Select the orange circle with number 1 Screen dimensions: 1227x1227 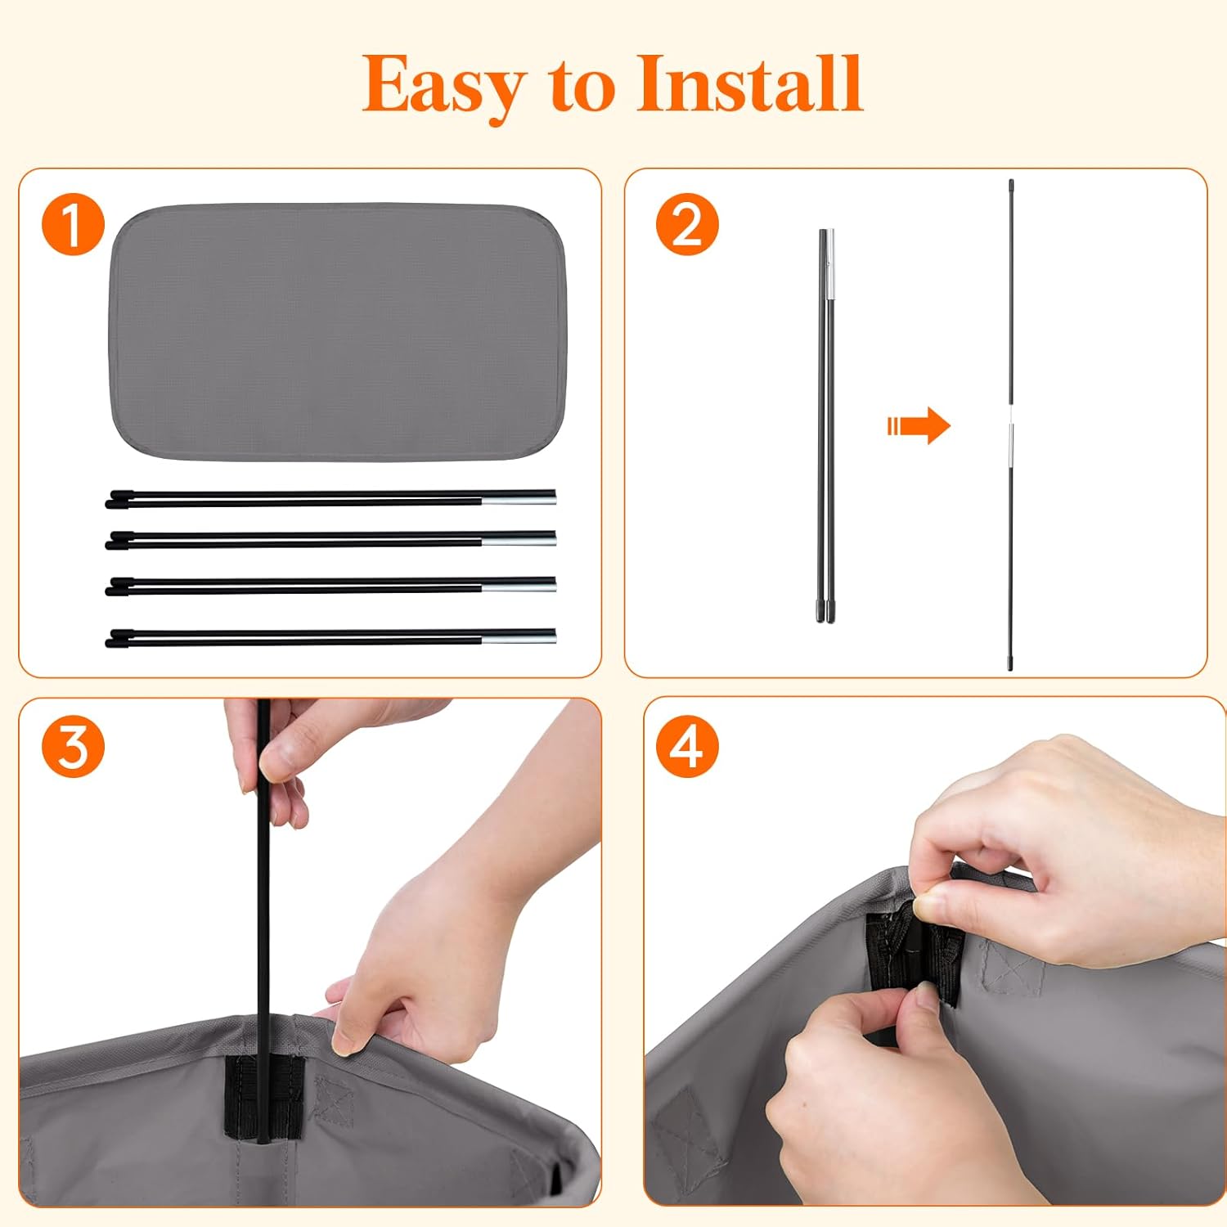[74, 224]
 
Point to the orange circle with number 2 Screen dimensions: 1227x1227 [687, 224]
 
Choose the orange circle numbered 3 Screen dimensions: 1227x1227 [74, 747]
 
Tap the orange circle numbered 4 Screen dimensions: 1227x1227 [687, 747]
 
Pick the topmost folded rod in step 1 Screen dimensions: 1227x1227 [330, 498]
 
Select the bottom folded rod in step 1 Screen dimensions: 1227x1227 [330, 637]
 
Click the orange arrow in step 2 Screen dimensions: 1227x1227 [919, 425]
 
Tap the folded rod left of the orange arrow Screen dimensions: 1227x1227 [825, 425]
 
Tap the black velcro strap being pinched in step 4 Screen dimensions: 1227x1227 [913, 957]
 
